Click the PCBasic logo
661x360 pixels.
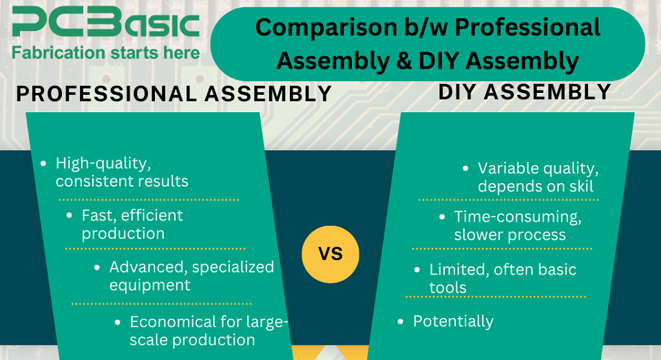point(105,23)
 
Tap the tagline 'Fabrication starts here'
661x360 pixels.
point(105,52)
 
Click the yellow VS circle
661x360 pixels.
point(330,253)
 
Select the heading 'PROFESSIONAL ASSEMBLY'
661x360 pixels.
point(174,94)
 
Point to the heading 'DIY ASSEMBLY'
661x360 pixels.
point(525,92)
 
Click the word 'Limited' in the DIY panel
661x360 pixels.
point(458,269)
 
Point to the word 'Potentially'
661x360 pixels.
point(453,321)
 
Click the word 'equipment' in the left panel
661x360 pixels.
point(149,285)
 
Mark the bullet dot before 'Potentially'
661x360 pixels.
point(401,321)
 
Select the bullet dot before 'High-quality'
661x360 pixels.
point(43,164)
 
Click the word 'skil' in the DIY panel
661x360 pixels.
point(580,187)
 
